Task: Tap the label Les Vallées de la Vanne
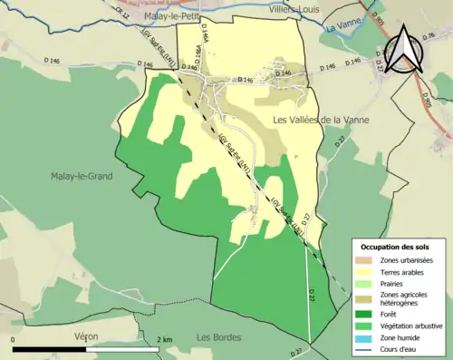pyautogui.click(x=318, y=120)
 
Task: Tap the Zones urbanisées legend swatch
pyautogui.click(x=364, y=259)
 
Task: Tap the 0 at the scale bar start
pyautogui.click(x=14, y=339)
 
